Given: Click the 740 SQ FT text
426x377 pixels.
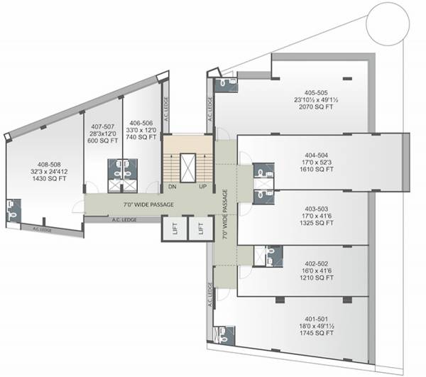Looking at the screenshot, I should tap(141, 137).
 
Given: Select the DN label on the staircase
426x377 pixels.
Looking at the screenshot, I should tap(172, 187).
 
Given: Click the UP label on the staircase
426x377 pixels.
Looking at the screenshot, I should tap(203, 187).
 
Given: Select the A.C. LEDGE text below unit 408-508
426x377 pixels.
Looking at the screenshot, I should tap(46, 230).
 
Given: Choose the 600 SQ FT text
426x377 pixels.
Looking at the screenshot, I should tap(102, 141).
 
